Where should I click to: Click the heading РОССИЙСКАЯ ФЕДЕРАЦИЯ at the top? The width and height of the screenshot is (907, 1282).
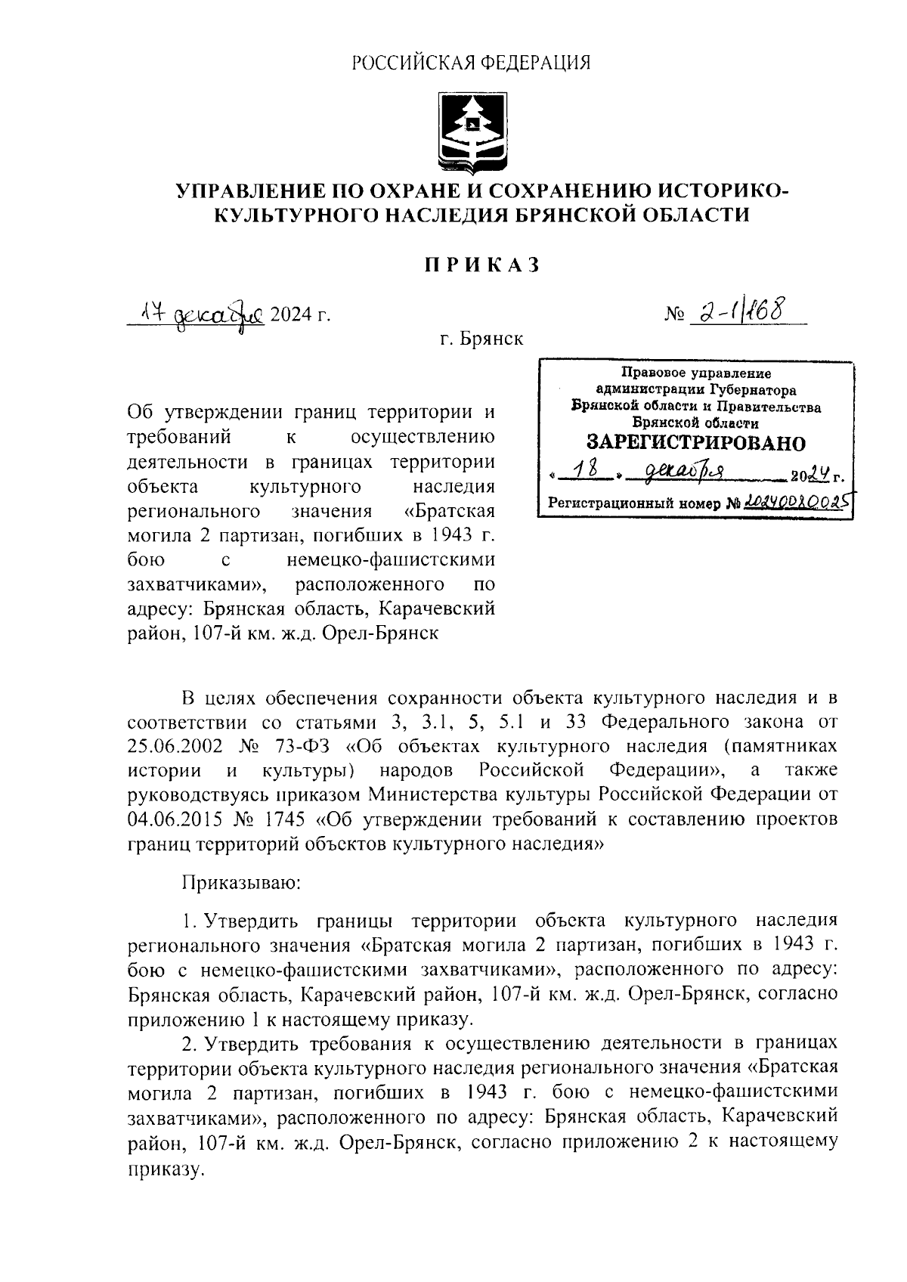coord(471,63)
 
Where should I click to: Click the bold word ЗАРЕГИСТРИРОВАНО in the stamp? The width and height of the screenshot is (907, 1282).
coord(695,443)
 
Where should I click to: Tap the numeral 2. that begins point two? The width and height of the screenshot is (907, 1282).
coord(190,1044)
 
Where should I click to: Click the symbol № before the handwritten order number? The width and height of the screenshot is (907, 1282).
coord(673,314)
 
